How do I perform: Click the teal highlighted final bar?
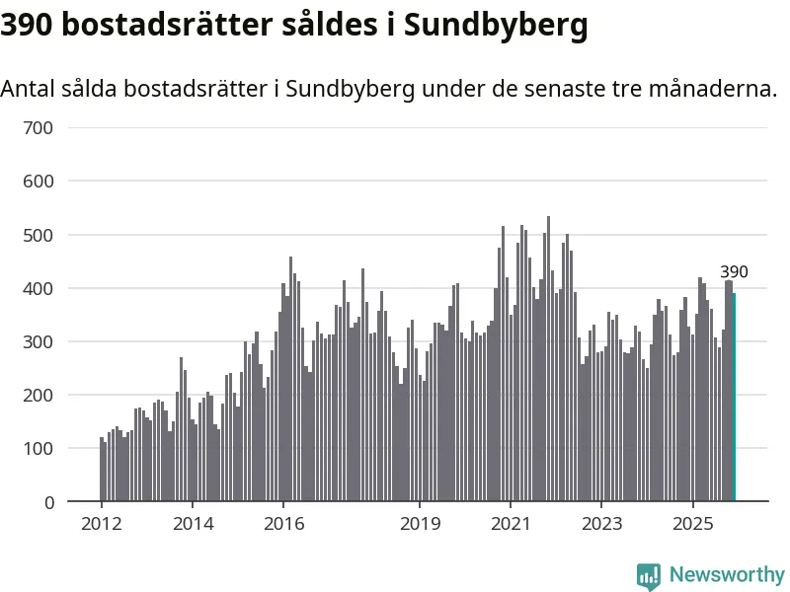(x=734, y=398)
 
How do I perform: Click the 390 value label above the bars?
(x=734, y=272)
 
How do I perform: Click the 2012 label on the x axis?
(x=101, y=523)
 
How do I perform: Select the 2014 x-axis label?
(x=192, y=523)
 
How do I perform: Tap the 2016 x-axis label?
(x=283, y=523)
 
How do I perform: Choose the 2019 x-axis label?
(x=420, y=523)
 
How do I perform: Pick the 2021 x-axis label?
(x=511, y=523)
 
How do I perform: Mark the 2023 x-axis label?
(x=601, y=523)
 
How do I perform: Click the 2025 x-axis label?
(x=692, y=523)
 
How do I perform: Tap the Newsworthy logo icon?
(x=649, y=575)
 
